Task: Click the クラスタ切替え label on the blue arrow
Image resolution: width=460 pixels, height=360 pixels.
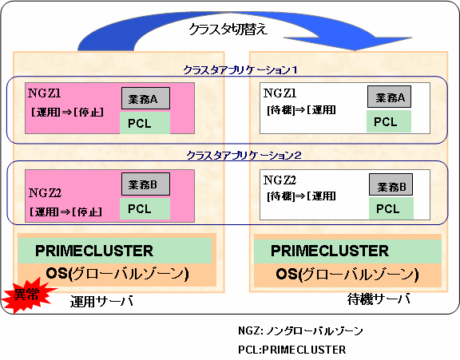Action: (228, 30)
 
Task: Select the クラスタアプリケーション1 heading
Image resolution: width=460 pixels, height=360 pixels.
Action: (240, 70)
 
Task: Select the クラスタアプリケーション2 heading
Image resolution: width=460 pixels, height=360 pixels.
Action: (244, 155)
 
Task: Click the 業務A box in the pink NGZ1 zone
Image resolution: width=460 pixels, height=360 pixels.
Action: (146, 98)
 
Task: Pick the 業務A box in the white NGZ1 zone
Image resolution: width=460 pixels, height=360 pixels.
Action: (389, 97)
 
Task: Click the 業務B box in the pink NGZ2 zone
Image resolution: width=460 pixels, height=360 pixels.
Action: (146, 184)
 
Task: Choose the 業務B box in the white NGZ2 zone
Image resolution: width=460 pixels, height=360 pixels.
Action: (391, 184)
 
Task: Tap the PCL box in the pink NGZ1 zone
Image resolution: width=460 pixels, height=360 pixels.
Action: (145, 123)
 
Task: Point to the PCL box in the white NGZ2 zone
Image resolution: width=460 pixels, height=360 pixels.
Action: (391, 208)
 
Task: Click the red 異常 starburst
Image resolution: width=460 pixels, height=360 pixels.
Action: (28, 295)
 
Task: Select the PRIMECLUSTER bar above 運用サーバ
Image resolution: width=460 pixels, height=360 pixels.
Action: (115, 251)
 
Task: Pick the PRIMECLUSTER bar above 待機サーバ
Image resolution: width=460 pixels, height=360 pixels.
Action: (347, 251)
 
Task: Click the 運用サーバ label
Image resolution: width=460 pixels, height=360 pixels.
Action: (101, 301)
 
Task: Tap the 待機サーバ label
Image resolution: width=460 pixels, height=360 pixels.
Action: (379, 299)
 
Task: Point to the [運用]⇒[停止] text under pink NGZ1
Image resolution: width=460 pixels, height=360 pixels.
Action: (67, 112)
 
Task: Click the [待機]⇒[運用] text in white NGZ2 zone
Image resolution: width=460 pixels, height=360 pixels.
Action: (301, 196)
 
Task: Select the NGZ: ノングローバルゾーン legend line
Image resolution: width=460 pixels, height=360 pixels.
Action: (300, 331)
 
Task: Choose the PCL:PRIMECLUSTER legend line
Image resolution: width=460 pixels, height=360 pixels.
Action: (292, 350)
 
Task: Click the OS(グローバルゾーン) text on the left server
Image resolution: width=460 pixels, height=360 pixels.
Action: (117, 274)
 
